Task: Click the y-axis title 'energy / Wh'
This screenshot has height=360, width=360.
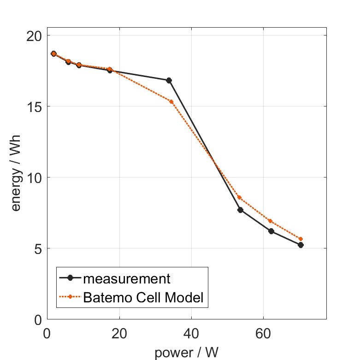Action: (x=17, y=177)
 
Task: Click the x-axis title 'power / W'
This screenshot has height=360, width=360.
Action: (x=187, y=353)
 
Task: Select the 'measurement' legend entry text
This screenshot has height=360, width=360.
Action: (x=127, y=278)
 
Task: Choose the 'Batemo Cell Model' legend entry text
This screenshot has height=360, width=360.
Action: (x=143, y=297)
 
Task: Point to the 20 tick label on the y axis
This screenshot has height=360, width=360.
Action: (x=35, y=35)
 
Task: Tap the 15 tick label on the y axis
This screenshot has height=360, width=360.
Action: (x=35, y=106)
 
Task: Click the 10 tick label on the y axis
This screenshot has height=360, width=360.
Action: (x=35, y=177)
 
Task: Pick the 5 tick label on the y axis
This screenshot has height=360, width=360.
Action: (x=38, y=248)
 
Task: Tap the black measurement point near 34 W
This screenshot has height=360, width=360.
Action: (x=169, y=80)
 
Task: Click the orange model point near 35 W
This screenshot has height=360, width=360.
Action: (x=171, y=101)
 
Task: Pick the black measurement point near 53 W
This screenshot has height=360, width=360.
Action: (x=240, y=210)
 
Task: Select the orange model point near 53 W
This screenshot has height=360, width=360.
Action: (x=239, y=197)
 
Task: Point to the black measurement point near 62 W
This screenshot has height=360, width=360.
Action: (x=271, y=231)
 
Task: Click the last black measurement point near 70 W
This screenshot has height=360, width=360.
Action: (x=301, y=245)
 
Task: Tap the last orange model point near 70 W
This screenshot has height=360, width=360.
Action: (x=301, y=239)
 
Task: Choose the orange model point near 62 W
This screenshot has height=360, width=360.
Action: (x=270, y=221)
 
